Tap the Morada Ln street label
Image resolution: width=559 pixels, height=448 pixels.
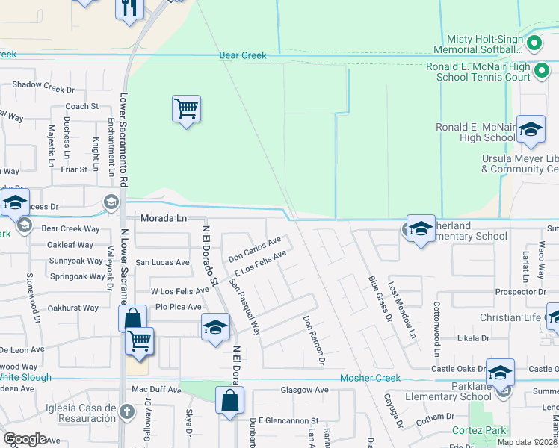pos(164,218)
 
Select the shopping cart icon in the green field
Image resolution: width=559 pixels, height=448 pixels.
pos(186,109)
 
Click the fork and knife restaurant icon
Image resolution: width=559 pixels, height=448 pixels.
pos(129,8)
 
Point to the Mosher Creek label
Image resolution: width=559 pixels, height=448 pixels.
pos(370,379)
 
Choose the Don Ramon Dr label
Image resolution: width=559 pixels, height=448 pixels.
pos(314,340)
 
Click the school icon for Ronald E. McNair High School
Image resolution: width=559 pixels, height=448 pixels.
pos(531,131)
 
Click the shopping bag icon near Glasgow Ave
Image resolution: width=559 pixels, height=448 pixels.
pos(229,400)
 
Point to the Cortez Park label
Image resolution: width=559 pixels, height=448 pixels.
pos(479,430)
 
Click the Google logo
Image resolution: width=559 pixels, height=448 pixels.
pos(25,438)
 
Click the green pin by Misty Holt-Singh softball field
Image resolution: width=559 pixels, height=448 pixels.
pos(534,43)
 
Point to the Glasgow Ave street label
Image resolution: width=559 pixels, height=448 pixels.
pos(304,390)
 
